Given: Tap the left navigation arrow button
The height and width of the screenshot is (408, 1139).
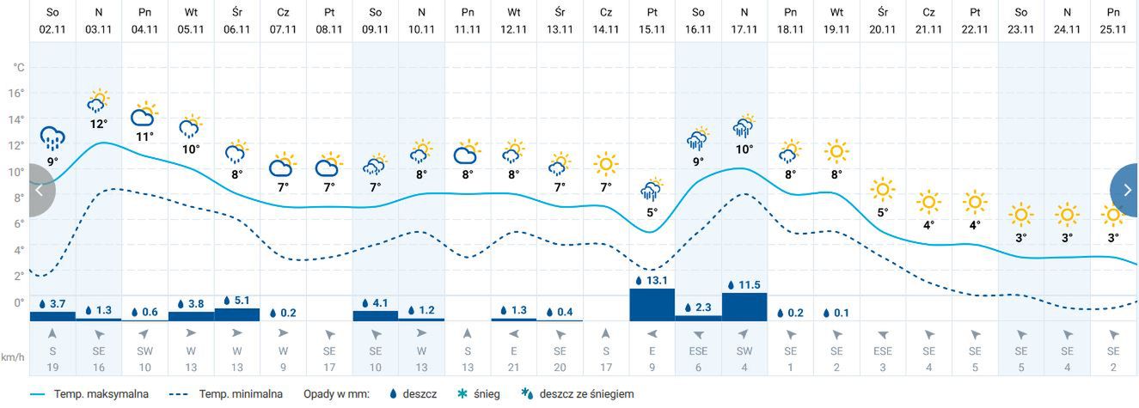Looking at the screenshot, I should pos(40,191).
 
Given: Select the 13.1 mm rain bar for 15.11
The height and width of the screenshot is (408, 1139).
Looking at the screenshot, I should pos(652,304).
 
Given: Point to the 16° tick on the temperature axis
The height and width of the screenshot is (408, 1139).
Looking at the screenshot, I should pos(17,93).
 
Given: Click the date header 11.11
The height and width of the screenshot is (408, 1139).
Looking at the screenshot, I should pos(468,28).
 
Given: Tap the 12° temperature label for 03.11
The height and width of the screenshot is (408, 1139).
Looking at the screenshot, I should pos(99,123).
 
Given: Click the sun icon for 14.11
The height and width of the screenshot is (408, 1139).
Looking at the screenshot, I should pos(606,163).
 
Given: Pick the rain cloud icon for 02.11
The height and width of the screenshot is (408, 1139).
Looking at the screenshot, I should pos(52,137).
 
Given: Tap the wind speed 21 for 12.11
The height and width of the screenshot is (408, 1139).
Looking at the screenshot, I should pos(513,368).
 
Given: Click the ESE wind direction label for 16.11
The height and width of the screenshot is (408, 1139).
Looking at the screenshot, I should pos(698,351).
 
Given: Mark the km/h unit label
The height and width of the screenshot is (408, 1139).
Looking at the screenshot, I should pos(12,356).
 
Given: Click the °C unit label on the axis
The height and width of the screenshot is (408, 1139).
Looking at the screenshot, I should pos(17,67).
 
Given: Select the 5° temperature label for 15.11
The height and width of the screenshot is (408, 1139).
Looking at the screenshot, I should pos(652,212).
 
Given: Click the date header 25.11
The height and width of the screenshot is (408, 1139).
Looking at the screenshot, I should pos(1113,28).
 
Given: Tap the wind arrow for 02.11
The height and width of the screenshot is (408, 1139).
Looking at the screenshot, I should pos(52,333).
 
